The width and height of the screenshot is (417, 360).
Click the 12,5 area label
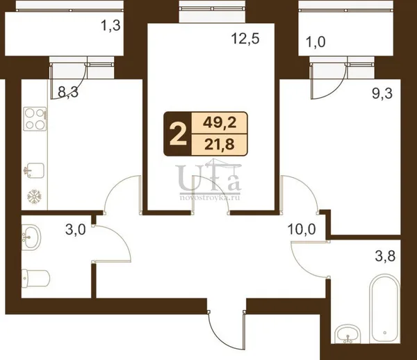coord(245,40)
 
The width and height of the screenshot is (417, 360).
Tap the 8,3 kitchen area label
coord(68,92)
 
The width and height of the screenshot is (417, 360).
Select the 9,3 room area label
coord(382,94)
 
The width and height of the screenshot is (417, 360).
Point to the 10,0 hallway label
coord(302,229)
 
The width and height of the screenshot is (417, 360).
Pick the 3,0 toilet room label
coord(76,230)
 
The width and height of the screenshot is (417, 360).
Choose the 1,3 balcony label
coord(111,26)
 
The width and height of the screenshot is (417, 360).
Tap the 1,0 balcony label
coord(316,42)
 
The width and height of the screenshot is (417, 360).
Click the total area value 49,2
coord(220,123)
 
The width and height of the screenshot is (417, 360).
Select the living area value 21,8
coord(220,145)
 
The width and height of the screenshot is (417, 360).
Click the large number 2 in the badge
coord(178,134)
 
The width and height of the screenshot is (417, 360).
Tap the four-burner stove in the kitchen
coord(35,119)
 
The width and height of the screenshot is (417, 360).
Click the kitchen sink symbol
coord(34,170)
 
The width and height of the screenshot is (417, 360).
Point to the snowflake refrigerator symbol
coord(35,197)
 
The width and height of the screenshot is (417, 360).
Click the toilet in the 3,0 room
coord(35,278)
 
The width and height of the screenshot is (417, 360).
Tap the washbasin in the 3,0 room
coord(31,237)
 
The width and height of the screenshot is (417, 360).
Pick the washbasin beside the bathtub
coord(348,334)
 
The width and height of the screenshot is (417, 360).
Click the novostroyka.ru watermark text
coord(210,198)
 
